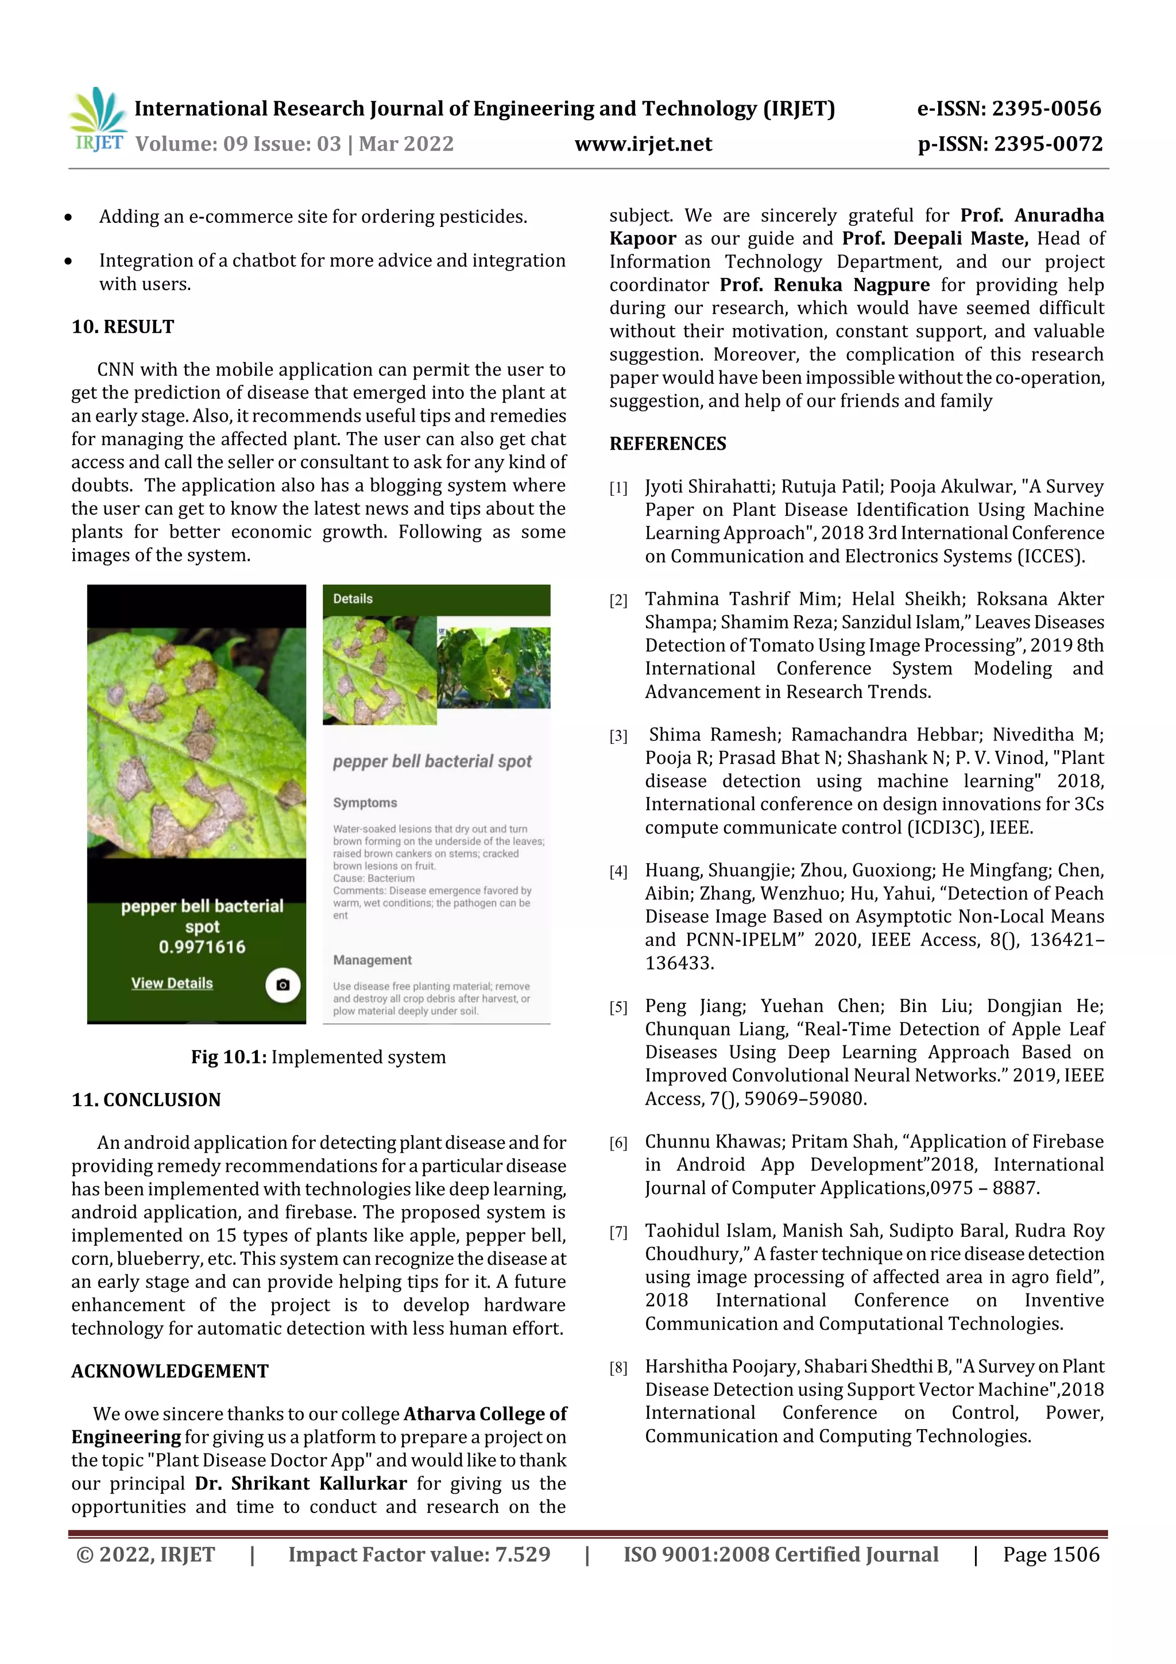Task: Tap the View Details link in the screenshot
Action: pos(172,983)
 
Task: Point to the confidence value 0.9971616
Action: pos(202,947)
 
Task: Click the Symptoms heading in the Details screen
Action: pos(365,802)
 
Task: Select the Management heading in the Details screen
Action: pos(372,960)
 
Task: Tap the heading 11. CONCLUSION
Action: pos(146,1099)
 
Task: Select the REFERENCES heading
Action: pos(667,443)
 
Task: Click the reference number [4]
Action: pos(618,872)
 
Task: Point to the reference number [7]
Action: pos(618,1232)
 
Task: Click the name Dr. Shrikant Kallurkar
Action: pos(301,1483)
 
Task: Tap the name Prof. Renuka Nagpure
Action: pos(824,285)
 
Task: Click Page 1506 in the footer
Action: pos(1051,1554)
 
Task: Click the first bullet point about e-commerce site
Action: pos(312,217)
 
